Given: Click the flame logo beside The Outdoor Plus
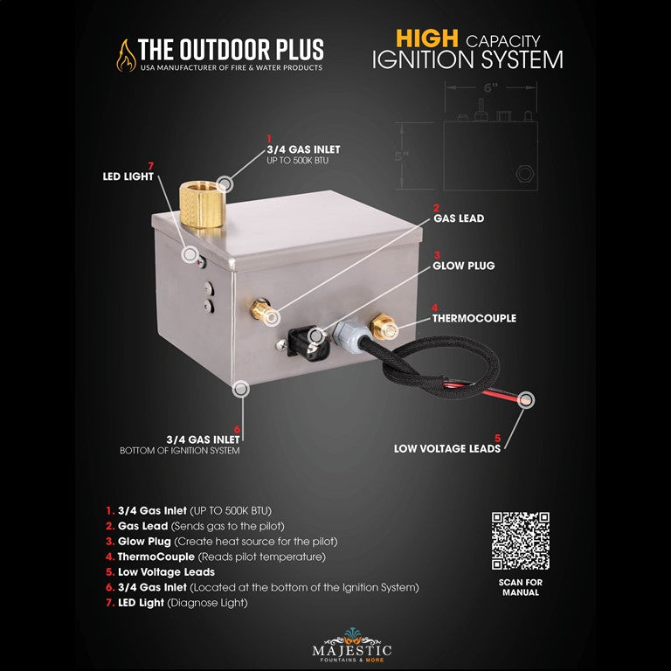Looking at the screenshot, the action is [x=126, y=56].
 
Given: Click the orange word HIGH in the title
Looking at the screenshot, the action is [x=427, y=38].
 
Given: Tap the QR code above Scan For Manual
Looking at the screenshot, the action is [x=521, y=541].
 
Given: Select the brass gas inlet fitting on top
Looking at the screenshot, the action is [x=203, y=204].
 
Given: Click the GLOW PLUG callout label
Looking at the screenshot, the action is [x=463, y=266].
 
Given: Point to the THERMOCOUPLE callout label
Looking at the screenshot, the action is [x=474, y=318].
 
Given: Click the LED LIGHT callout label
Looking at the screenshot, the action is [x=128, y=176].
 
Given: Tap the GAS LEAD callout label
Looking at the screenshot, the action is [x=459, y=218].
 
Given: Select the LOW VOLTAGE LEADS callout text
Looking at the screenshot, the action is [x=447, y=448].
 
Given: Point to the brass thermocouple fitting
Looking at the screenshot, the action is [x=384, y=327].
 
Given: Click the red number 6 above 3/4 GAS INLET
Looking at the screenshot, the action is [x=237, y=430].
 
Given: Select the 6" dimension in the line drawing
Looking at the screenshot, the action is [x=490, y=87].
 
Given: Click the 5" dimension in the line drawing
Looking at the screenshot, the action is [x=401, y=156].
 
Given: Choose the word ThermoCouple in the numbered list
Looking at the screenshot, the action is [x=156, y=557].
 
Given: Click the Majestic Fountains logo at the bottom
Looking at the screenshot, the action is [x=352, y=647].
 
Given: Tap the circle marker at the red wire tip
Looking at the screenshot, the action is [x=526, y=400].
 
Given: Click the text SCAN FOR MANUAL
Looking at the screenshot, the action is [x=521, y=587].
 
